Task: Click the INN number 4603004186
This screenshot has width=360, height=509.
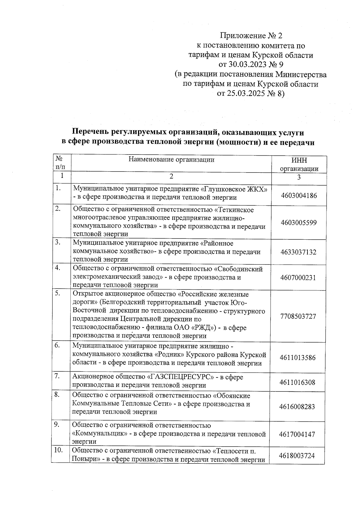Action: (x=299, y=196)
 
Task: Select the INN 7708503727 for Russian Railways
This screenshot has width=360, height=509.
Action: (x=298, y=316)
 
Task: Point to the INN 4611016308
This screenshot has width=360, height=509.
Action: (x=297, y=382)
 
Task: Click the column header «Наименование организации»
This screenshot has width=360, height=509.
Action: (x=171, y=159)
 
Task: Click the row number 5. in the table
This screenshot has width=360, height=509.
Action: (x=58, y=293)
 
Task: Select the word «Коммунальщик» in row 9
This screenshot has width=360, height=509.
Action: (x=100, y=434)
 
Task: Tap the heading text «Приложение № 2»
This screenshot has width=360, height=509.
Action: (x=251, y=36)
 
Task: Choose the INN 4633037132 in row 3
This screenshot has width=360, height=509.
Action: (x=298, y=252)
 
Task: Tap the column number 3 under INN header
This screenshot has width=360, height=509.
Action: (x=299, y=177)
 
